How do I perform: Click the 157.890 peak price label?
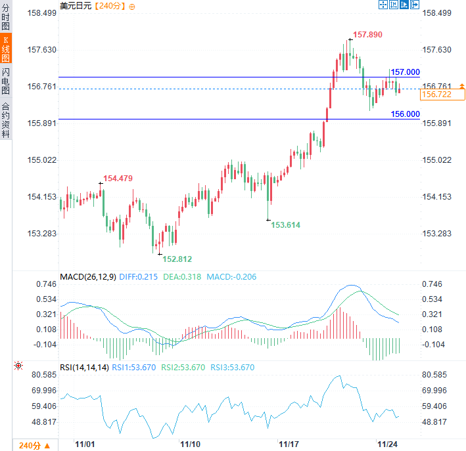click(367, 34)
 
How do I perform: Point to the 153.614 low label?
click(285, 225)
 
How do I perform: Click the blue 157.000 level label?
click(405, 72)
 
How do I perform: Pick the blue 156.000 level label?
click(405, 114)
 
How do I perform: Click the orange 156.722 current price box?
click(442, 95)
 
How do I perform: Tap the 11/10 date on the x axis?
click(191, 444)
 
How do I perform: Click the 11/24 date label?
click(388, 444)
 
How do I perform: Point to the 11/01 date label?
click(86, 444)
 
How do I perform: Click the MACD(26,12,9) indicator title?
click(88, 277)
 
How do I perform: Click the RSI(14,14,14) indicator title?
click(83, 368)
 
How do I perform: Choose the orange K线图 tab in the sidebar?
click(6, 50)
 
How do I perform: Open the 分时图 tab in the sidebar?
click(6, 18)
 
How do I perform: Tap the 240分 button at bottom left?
click(30, 445)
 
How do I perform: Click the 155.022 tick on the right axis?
click(437, 160)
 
